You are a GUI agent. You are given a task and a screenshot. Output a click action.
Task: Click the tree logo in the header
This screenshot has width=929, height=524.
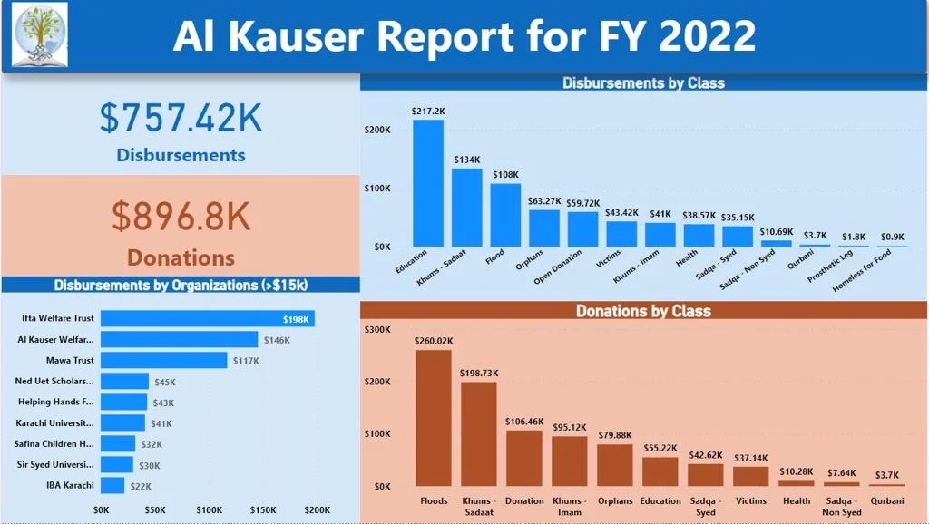point(40,35)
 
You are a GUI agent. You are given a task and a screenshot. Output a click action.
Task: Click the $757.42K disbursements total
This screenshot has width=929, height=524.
point(181,119)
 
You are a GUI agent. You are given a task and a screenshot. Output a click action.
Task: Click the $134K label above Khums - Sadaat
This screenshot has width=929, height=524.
point(467,160)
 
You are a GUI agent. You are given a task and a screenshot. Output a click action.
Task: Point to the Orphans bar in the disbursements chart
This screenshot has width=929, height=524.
point(544,228)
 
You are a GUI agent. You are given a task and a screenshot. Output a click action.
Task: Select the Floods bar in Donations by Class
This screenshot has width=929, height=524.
point(434,418)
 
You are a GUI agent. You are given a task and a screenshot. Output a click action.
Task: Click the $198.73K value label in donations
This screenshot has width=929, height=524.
point(479,374)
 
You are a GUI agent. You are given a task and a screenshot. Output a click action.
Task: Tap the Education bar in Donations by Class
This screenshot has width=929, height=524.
point(660,471)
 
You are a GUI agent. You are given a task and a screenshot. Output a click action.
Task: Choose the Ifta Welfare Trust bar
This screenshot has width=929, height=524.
point(208,318)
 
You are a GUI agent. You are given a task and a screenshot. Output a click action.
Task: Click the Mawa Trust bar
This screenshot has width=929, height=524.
point(164,360)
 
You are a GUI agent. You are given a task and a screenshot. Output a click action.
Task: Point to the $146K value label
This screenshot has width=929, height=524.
point(276,340)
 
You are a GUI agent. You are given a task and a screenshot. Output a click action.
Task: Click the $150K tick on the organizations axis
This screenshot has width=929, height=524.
point(263,510)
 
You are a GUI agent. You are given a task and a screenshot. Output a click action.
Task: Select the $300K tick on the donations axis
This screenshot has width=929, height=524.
point(377,329)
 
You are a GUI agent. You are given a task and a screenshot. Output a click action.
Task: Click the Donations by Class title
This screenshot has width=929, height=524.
point(643,311)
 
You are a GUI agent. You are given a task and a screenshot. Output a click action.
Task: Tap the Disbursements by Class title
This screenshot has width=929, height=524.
point(643,82)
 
